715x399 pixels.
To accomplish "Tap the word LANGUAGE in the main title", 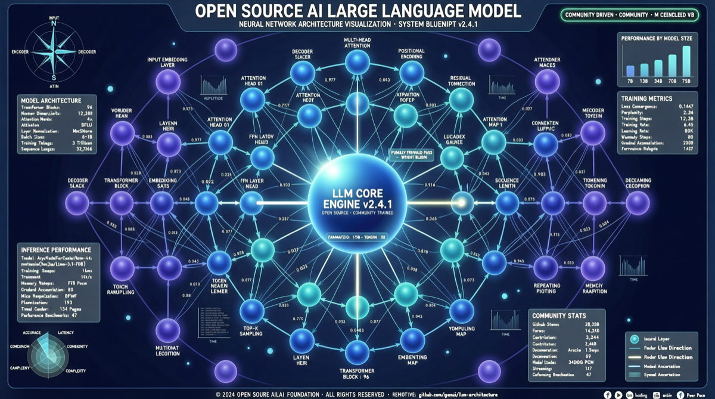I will [412, 11].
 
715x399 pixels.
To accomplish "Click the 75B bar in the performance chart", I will [686, 58].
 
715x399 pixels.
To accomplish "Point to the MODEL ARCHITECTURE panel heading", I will [51, 100].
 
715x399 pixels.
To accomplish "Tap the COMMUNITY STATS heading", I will [559, 315].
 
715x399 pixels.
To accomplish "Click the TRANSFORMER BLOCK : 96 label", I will [357, 372].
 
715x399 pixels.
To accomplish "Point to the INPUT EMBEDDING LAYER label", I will [171, 63].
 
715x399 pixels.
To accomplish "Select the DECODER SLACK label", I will [78, 183].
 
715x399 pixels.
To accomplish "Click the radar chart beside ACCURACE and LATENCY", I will [52, 356].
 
